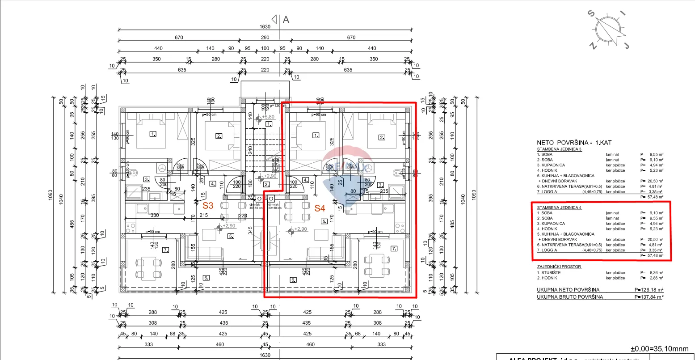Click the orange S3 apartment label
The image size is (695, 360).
(x=208, y=206)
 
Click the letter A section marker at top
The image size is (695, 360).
(x=286, y=19)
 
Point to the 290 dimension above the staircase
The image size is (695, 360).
(x=265, y=38)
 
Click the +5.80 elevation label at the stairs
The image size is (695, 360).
(x=268, y=117)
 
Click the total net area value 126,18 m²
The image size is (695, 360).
(x=651, y=290)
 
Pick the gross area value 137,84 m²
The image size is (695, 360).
(x=651, y=297)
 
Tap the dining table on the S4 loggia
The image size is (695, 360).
(x=374, y=265)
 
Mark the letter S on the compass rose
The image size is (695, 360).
(x=592, y=13)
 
